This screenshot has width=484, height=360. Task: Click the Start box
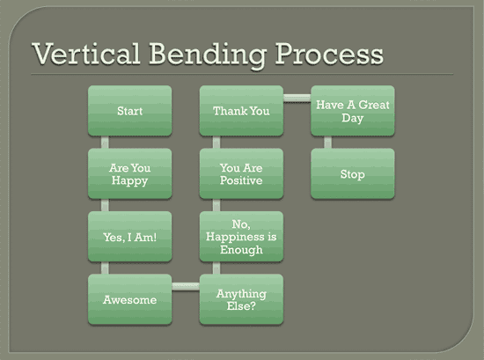click(130, 111)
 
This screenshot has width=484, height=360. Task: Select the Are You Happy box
click(130, 173)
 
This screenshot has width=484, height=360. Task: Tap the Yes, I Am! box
click(130, 236)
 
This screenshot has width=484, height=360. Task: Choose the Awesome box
click(130, 299)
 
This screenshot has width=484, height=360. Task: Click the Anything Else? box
click(241, 299)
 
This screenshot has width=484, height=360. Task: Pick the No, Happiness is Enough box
click(241, 236)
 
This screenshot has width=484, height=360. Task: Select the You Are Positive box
click(241, 173)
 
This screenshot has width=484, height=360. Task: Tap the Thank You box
click(241, 111)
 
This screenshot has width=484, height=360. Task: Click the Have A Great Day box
click(353, 111)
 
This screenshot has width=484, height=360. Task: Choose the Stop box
click(353, 173)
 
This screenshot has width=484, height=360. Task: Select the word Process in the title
click(328, 54)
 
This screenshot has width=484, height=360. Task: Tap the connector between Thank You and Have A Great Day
click(297, 97)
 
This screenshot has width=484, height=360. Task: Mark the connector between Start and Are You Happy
click(104, 142)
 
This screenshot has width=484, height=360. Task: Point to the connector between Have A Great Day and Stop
click(326, 142)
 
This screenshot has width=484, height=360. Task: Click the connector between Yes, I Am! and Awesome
click(104, 268)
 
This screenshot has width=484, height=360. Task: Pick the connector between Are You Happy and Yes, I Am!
click(104, 205)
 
